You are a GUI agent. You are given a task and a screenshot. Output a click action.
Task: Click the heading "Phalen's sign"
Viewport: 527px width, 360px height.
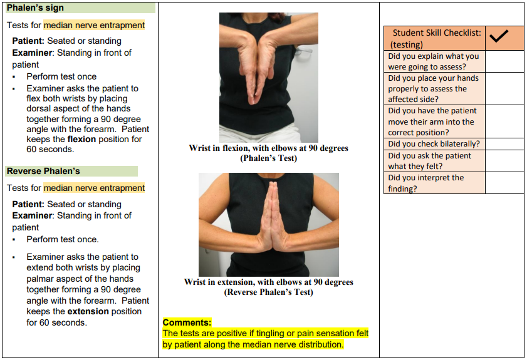[35, 8]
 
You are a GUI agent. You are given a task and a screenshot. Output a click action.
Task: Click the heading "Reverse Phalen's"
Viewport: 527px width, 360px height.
[43, 171]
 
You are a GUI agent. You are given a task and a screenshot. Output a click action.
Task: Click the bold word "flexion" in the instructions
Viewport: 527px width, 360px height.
[81, 139]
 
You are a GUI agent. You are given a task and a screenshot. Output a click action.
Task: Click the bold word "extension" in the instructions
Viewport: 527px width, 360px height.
[88, 311]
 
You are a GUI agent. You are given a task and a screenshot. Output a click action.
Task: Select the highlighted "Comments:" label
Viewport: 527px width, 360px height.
[187, 322]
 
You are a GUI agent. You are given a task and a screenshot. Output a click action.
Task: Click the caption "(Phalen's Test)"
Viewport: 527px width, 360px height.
[268, 158]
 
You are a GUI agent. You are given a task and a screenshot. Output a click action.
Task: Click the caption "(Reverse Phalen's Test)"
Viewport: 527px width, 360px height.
[268, 292]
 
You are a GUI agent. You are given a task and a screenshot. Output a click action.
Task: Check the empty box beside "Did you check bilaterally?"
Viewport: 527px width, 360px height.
[504, 144]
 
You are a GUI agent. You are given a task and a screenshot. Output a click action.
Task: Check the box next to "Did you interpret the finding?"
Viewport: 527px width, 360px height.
[504, 183]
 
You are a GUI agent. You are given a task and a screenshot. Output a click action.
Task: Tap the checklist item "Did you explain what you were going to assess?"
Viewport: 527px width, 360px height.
[434, 61]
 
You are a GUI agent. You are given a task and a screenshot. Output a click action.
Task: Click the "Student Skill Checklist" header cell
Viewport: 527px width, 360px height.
[436, 38]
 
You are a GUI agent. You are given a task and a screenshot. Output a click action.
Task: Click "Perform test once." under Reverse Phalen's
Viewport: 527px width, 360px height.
[63, 239]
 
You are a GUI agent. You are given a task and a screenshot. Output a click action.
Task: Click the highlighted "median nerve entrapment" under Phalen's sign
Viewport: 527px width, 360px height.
[94, 25]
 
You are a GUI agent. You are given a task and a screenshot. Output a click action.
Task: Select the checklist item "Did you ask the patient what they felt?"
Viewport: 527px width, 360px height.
[430, 161]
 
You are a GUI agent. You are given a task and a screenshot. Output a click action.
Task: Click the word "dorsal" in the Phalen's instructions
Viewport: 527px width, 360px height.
[39, 109]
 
